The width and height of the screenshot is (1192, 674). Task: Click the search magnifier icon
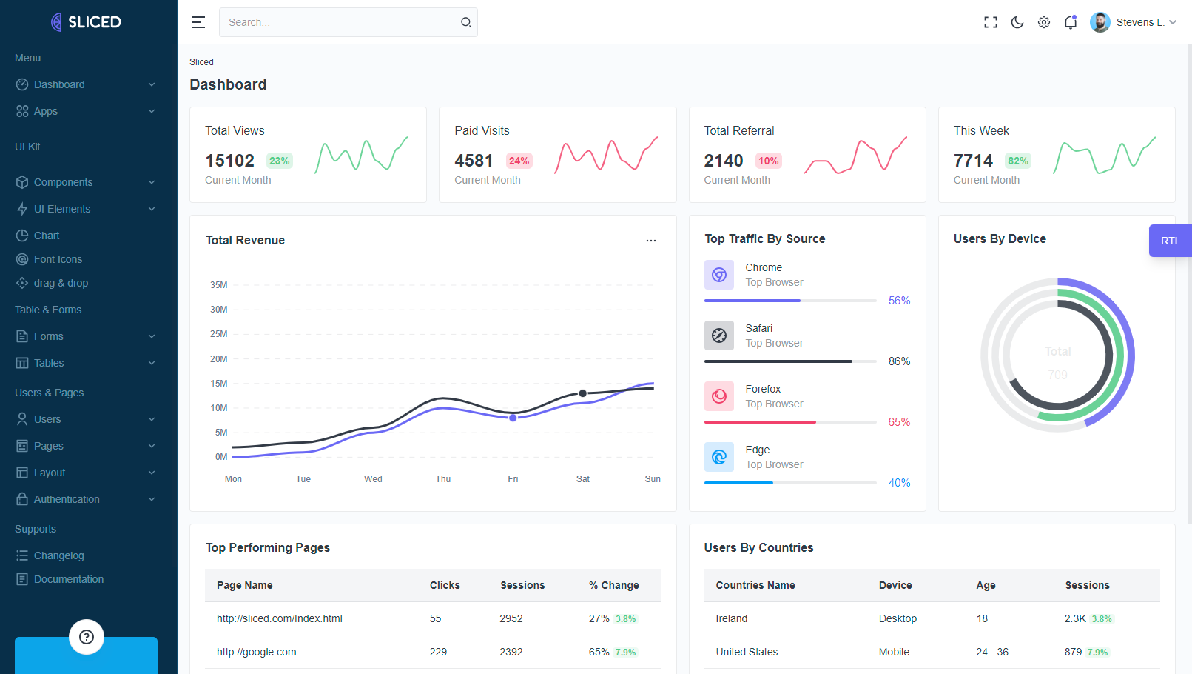point(466,22)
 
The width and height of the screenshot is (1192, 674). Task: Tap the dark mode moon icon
point(1017,22)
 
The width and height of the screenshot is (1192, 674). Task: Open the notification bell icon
point(1071,22)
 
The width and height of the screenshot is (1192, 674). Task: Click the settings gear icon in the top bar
point(1044,22)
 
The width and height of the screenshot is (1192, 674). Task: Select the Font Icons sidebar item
point(58,259)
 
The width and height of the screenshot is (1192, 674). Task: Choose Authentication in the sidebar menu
point(67,499)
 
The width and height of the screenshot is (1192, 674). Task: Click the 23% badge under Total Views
point(279,161)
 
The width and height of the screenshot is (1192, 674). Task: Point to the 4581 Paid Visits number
point(474,161)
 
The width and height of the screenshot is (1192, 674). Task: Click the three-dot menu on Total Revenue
point(651,241)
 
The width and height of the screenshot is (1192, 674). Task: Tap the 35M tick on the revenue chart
point(219,285)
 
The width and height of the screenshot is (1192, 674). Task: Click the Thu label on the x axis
point(443,479)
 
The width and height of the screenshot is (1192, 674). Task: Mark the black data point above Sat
point(583,393)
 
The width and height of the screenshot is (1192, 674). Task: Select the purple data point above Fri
point(513,418)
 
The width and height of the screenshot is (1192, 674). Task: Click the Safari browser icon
point(719,336)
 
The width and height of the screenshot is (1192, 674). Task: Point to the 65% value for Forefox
point(899,422)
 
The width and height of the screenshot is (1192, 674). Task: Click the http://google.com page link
point(257,652)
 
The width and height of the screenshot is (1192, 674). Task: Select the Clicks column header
point(445,585)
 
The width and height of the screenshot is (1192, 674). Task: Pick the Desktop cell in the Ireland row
point(898,618)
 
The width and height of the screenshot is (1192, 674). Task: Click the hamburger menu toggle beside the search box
point(198,22)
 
